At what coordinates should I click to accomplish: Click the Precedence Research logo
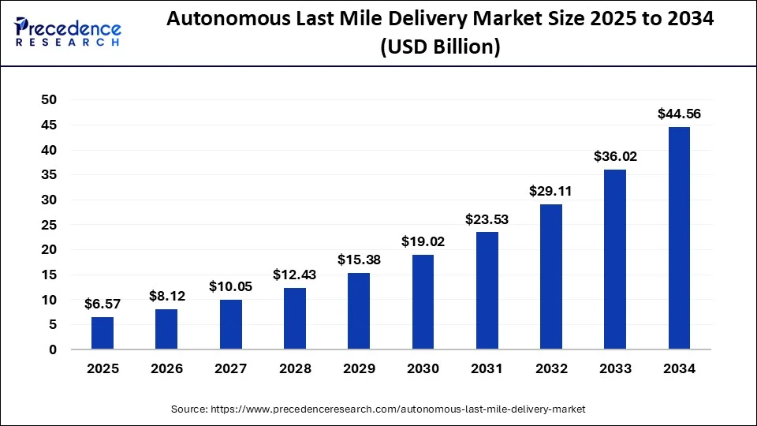click(68, 32)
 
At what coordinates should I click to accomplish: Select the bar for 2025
click(103, 333)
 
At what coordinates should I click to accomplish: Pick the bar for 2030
click(423, 302)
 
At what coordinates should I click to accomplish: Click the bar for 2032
click(551, 277)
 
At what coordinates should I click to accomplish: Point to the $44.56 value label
click(679, 114)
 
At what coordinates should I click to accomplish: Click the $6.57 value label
click(103, 304)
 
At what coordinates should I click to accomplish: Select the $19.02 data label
click(423, 241)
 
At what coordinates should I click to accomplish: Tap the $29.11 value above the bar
click(551, 191)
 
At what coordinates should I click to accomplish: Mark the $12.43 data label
click(295, 275)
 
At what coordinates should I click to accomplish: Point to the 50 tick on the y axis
click(49, 100)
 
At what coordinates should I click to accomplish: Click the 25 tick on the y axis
click(49, 225)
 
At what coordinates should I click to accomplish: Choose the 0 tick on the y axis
click(53, 349)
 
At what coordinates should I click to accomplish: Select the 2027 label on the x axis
click(230, 368)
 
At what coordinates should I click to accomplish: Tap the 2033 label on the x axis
click(615, 368)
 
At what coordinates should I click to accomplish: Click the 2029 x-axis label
click(359, 368)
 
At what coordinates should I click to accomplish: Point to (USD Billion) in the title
click(441, 48)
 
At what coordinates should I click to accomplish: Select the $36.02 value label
click(615, 156)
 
